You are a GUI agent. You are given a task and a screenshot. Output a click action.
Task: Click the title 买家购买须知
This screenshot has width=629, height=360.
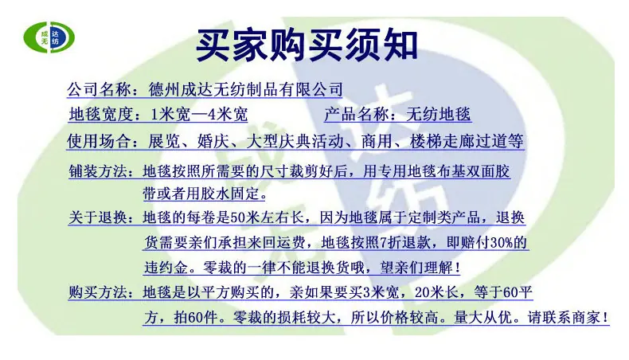click(x=307, y=45)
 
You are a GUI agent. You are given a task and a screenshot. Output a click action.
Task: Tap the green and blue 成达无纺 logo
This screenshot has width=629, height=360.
click(x=49, y=37)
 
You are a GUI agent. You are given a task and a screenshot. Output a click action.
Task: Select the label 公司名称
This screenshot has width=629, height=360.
click(x=99, y=88)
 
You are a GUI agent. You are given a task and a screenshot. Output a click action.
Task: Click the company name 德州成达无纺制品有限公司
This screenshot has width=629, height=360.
click(x=245, y=88)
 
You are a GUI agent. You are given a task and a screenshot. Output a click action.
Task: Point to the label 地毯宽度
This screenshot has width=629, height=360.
click(x=101, y=115)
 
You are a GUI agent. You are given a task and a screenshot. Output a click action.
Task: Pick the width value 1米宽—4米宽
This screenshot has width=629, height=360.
click(x=199, y=115)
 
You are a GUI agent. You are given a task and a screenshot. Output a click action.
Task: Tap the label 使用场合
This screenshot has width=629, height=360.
click(x=99, y=141)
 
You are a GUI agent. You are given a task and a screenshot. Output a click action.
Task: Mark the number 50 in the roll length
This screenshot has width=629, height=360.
click(x=237, y=217)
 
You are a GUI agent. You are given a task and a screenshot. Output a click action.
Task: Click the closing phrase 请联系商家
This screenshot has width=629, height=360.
click(x=564, y=318)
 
